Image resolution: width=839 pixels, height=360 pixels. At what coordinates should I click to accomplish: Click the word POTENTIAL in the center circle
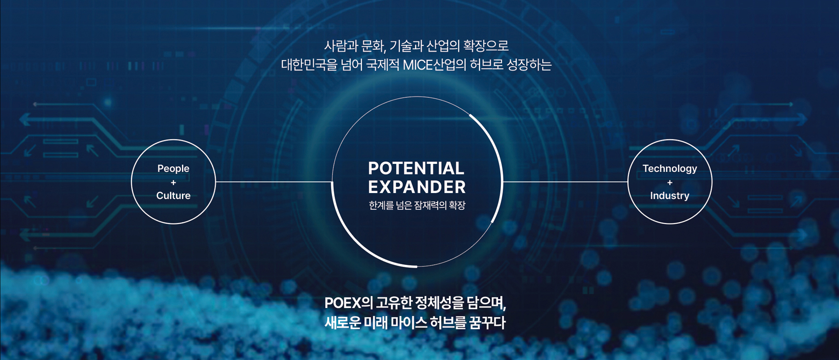(416, 168)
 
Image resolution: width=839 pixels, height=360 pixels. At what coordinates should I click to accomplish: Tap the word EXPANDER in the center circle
(417, 187)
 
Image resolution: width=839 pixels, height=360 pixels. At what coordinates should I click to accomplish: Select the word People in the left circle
(174, 169)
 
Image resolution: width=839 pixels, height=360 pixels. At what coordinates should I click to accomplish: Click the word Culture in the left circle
(174, 196)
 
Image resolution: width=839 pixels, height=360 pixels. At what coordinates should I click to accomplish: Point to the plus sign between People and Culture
(173, 182)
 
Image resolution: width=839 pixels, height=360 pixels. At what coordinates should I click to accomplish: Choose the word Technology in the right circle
(669, 169)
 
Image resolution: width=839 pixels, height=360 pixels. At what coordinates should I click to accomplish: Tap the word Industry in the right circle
(669, 196)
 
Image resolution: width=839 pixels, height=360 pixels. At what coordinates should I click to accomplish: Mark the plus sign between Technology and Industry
(669, 182)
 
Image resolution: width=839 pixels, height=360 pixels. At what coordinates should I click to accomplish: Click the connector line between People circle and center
(274, 182)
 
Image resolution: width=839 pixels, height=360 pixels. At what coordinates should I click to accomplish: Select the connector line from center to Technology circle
(565, 182)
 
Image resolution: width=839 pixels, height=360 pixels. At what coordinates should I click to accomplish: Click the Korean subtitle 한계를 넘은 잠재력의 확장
(417, 205)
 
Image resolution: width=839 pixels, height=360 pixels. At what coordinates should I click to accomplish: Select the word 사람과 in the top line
(340, 46)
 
